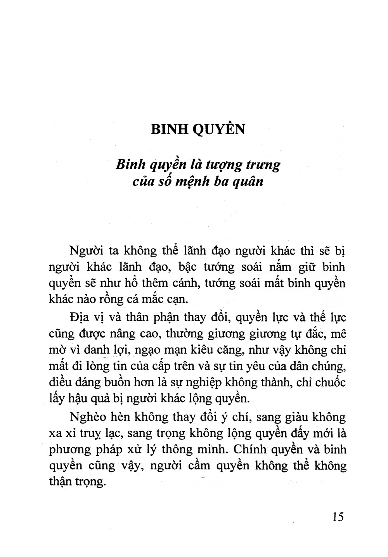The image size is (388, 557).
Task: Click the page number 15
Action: [x=338, y=517]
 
